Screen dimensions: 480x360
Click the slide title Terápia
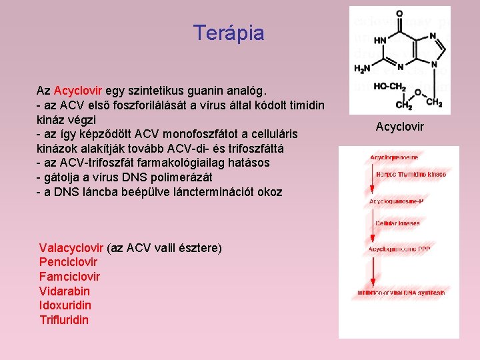[228, 33]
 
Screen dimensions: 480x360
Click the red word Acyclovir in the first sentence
[78, 90]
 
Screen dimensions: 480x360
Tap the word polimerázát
[181, 177]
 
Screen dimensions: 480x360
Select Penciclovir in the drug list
[68, 263]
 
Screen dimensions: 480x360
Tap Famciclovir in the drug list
[69, 277]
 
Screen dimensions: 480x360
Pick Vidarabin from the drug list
[64, 291]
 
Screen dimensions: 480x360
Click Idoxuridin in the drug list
[65, 305]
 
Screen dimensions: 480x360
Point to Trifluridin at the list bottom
[64, 320]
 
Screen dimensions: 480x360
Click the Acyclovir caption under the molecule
[399, 127]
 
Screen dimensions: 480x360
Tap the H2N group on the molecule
[363, 68]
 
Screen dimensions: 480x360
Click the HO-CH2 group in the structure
[390, 86]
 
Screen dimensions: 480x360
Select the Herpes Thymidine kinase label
[410, 174]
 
